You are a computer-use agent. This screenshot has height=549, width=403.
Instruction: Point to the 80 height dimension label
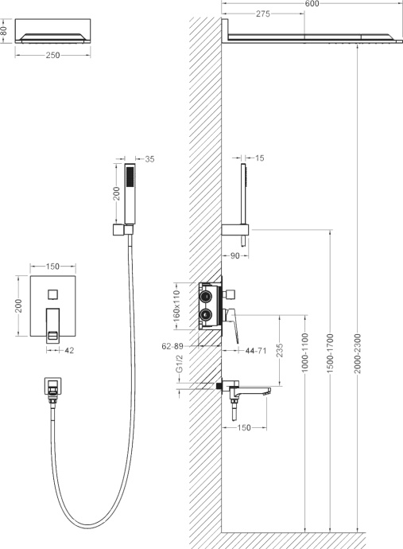pyautogui.click(x=4, y=31)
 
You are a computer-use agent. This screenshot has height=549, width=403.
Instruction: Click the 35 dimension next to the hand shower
pyautogui.click(x=150, y=160)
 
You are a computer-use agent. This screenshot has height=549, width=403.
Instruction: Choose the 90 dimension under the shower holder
pyautogui.click(x=235, y=256)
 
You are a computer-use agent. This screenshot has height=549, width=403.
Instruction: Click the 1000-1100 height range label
pyautogui.click(x=305, y=354)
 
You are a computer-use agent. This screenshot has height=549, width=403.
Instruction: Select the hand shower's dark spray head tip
pyautogui.click(x=123, y=170)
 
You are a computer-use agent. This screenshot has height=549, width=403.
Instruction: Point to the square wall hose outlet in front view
pyautogui.click(x=52, y=387)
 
